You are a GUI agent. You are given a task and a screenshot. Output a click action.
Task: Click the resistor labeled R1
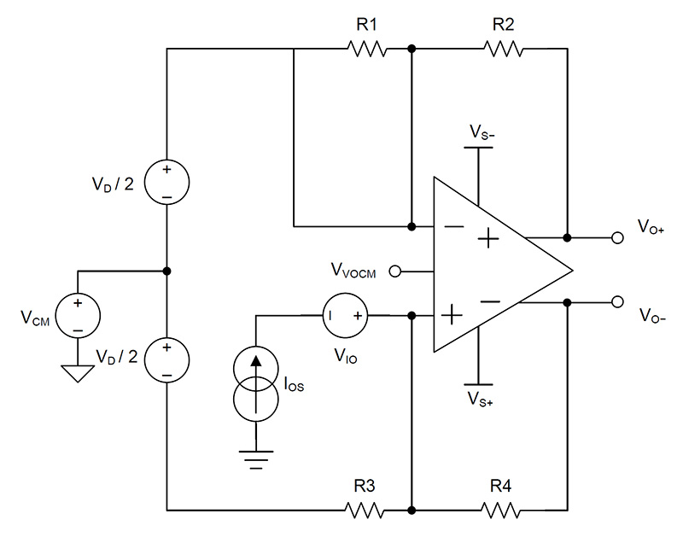tap(368, 50)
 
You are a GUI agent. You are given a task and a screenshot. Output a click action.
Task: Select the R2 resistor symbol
tap(503, 50)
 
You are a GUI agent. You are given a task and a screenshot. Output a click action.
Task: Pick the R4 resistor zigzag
tap(503, 511)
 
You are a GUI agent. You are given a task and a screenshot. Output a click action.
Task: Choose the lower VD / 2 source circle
tap(166, 359)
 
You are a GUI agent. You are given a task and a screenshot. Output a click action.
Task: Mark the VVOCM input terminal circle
tap(394, 271)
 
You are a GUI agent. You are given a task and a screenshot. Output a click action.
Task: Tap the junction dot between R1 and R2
tap(412, 50)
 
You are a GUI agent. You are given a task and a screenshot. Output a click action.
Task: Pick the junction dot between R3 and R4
tap(412, 511)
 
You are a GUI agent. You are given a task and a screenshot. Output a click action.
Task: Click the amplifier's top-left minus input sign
tap(451, 227)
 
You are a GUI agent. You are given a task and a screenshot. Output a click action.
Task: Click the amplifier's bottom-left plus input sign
tap(451, 317)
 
